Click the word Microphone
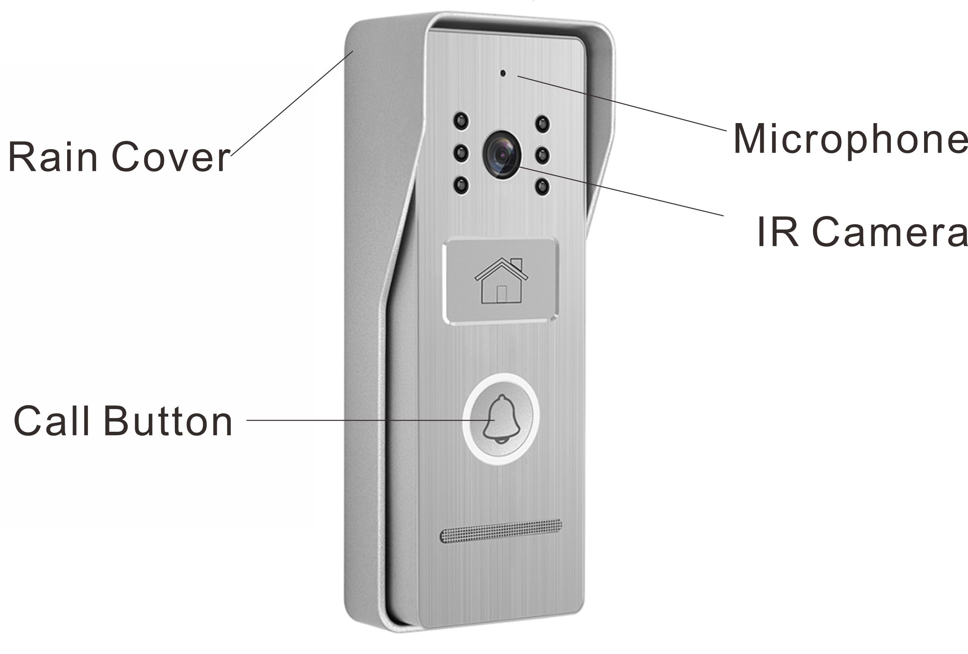click(850, 139)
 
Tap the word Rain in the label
click(53, 157)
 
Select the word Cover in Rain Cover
click(171, 157)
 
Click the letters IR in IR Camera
click(777, 232)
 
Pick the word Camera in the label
click(890, 232)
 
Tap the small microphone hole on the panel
click(503, 73)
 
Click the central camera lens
click(502, 155)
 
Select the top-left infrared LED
click(461, 121)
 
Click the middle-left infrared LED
click(461, 153)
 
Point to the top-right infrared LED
click(542, 124)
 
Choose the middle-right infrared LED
click(542, 155)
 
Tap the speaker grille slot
click(501, 531)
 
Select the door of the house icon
click(501, 294)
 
